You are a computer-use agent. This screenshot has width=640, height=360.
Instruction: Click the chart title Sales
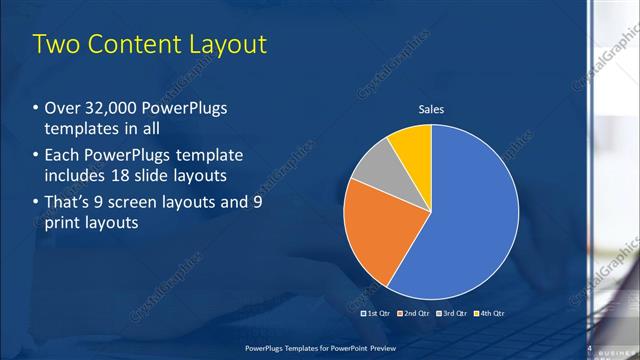pos(431,110)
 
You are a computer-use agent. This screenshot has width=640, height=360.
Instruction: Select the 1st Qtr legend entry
pos(376,313)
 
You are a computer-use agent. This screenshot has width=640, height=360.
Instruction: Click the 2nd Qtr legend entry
pos(415,313)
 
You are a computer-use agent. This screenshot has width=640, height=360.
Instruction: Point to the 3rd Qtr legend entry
pos(453,313)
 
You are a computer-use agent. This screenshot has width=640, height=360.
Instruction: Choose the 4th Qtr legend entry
pos(491,313)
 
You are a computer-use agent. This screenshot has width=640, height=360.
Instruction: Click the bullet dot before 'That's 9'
pos(36,203)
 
